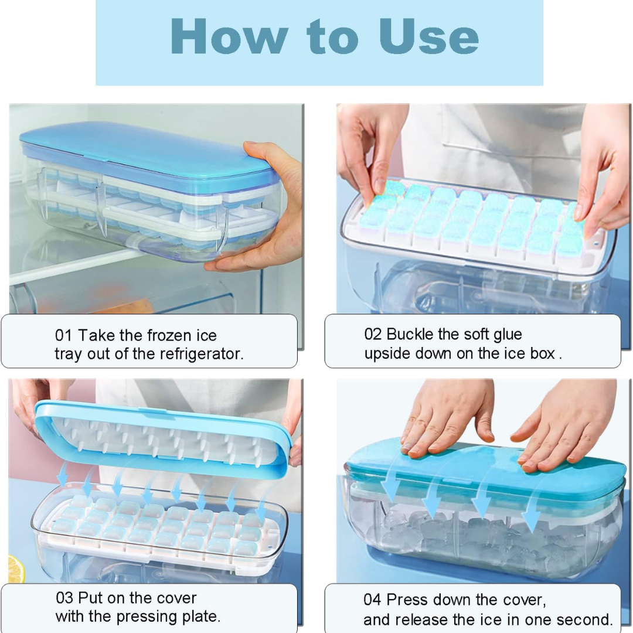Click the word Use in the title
(428, 36)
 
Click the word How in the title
(229, 36)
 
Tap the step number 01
(63, 335)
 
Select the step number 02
(373, 334)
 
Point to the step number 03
(64, 598)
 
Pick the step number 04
(372, 600)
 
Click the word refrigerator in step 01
(201, 354)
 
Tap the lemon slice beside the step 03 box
(15, 569)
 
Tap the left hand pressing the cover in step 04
(446, 420)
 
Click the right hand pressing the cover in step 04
(565, 428)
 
